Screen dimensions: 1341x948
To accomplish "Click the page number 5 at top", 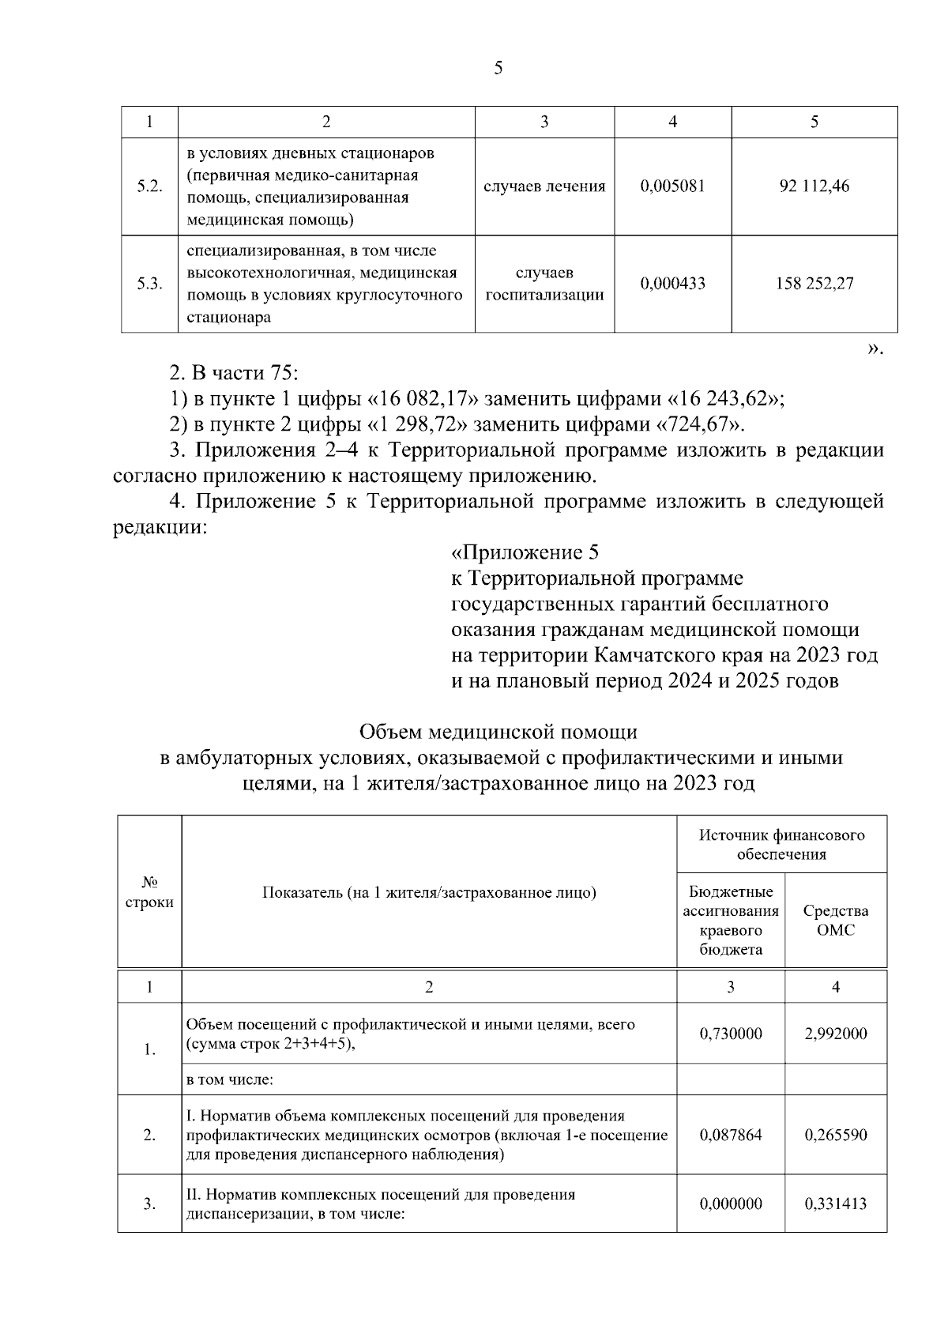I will pyautogui.click(x=498, y=69).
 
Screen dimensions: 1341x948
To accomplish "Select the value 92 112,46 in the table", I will pyautogui.click(x=814, y=187).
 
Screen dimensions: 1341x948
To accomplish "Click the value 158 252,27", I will pyautogui.click(x=814, y=284).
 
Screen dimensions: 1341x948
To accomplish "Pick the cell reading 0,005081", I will pyautogui.click(x=672, y=187).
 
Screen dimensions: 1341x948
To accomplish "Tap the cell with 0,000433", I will pyautogui.click(x=672, y=284).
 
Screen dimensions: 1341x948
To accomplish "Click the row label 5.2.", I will pyautogui.click(x=149, y=187).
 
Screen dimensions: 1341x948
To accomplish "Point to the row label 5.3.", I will pyautogui.click(x=149, y=284).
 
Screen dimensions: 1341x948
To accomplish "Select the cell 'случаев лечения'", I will pyautogui.click(x=544, y=187).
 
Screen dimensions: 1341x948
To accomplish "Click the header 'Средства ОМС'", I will pyautogui.click(x=835, y=921).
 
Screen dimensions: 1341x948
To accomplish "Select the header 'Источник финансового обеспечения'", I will pyautogui.click(x=781, y=844).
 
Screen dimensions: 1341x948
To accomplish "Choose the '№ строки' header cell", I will pyautogui.click(x=149, y=892).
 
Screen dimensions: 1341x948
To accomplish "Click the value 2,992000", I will pyautogui.click(x=835, y=1034).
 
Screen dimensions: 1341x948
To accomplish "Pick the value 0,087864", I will pyautogui.click(x=731, y=1136).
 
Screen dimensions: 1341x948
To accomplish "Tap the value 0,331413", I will pyautogui.click(x=835, y=1204).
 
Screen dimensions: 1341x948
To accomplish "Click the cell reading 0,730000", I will pyautogui.click(x=731, y=1034).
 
